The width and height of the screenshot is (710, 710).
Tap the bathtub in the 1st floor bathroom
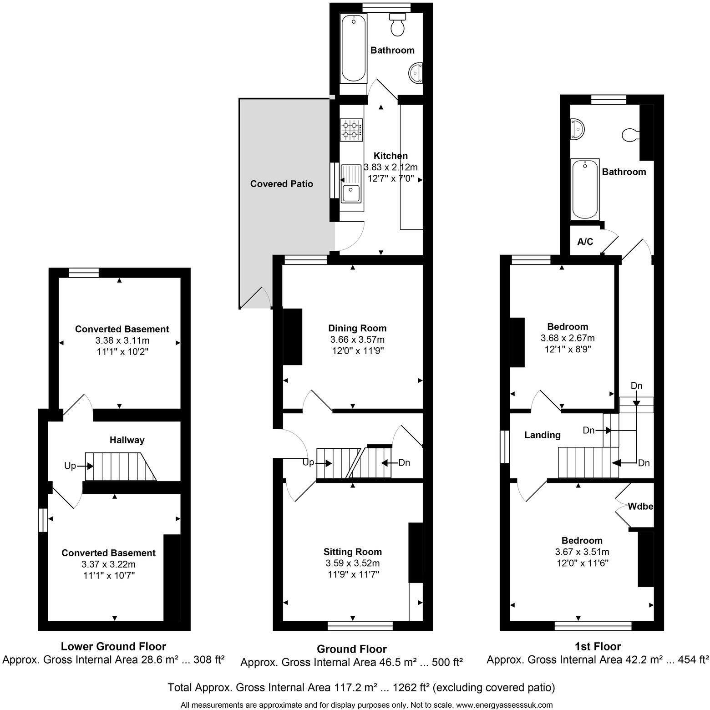pyautogui.click(x=585, y=189)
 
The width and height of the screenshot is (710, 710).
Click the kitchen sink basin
pyautogui.click(x=351, y=193)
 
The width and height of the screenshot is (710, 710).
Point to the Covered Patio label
pyautogui.click(x=282, y=184)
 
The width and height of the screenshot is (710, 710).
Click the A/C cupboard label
pyautogui.click(x=585, y=242)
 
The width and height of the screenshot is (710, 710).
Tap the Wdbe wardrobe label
pyautogui.click(x=640, y=506)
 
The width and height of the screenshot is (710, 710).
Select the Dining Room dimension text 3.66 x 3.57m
pyautogui.click(x=357, y=340)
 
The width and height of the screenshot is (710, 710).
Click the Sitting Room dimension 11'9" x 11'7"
pyautogui.click(x=353, y=574)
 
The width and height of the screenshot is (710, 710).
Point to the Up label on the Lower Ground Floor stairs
pyautogui.click(x=70, y=466)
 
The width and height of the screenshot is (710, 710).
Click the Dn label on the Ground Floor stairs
pyautogui.click(x=404, y=463)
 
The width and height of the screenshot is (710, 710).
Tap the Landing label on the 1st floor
pyautogui.click(x=542, y=435)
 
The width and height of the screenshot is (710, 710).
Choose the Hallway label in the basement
pyautogui.click(x=127, y=440)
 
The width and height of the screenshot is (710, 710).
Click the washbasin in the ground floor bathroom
pyautogui.click(x=416, y=72)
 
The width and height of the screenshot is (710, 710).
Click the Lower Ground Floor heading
pyautogui.click(x=113, y=646)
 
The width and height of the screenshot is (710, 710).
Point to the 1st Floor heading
pyautogui.click(x=598, y=646)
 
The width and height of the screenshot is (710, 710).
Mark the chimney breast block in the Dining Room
pyautogui.click(x=293, y=337)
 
